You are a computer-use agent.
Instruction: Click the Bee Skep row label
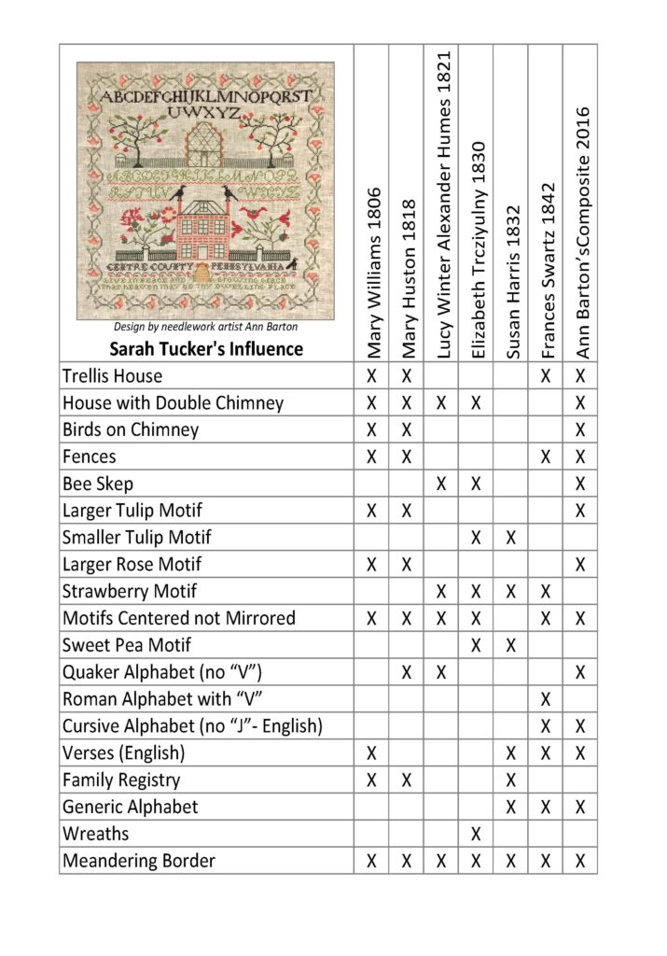point(98,484)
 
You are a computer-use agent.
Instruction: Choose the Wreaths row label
point(96,833)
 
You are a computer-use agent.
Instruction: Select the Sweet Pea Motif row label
point(127,645)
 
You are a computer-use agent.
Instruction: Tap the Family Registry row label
point(121,780)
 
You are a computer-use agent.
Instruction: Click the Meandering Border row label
point(139,860)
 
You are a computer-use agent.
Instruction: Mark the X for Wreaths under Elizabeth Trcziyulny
point(477,833)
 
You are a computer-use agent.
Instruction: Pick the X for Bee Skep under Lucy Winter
point(442,484)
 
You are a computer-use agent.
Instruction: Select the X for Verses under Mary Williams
point(371,752)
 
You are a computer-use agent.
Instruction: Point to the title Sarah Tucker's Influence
point(206,349)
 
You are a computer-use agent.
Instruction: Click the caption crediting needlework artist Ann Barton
point(206,327)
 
